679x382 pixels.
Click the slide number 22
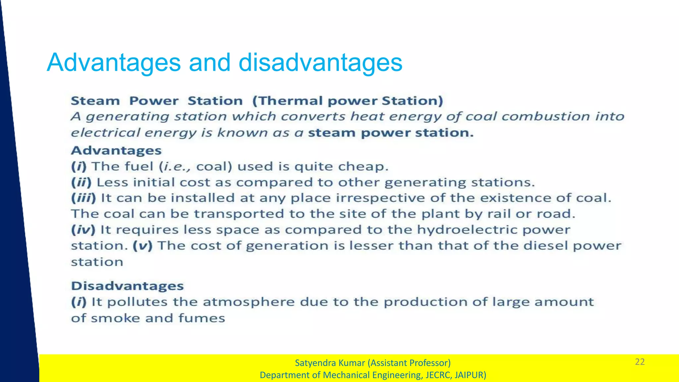[x=640, y=362]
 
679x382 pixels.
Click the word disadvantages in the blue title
[x=320, y=62]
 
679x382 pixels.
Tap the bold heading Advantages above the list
[x=116, y=151]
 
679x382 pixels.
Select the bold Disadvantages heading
[x=127, y=286]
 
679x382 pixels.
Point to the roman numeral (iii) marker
[x=84, y=198]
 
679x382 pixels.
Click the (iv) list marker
[x=83, y=230]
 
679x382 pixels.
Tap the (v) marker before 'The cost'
[x=143, y=246]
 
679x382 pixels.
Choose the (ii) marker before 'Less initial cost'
[x=81, y=182]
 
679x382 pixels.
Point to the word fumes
[x=202, y=318]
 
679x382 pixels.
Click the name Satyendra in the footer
[x=313, y=363]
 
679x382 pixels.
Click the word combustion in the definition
[x=545, y=116]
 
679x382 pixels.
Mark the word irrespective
[x=380, y=198]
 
